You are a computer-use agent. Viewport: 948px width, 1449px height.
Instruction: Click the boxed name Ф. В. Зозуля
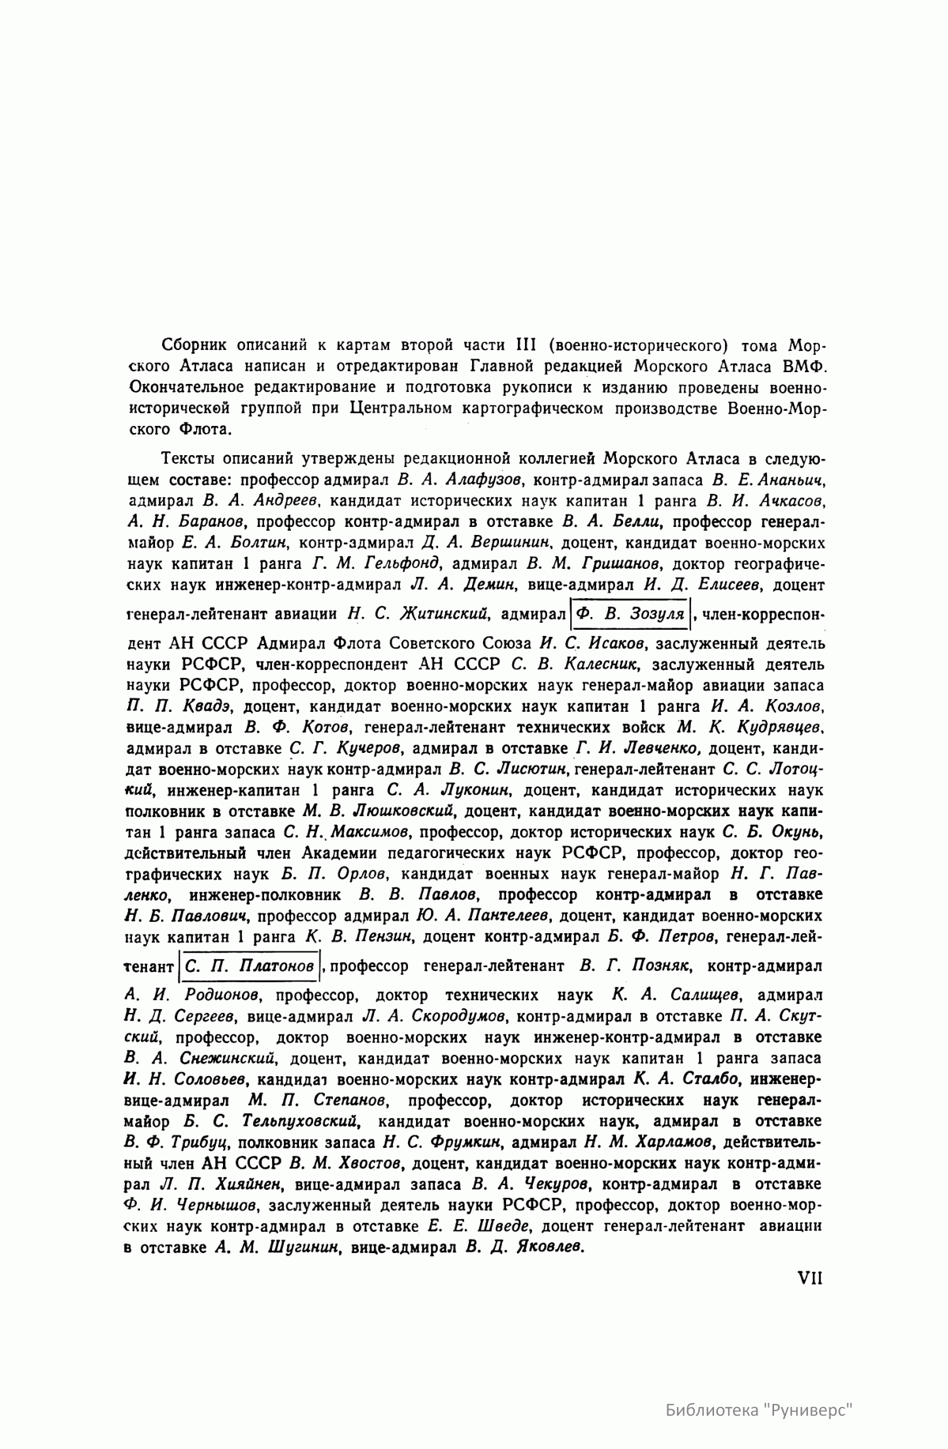click(630, 613)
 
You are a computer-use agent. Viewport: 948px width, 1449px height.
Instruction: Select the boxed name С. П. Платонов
click(249, 966)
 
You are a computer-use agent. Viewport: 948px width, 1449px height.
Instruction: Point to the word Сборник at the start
click(193, 345)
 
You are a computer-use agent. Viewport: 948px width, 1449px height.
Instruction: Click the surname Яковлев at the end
click(550, 1248)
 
